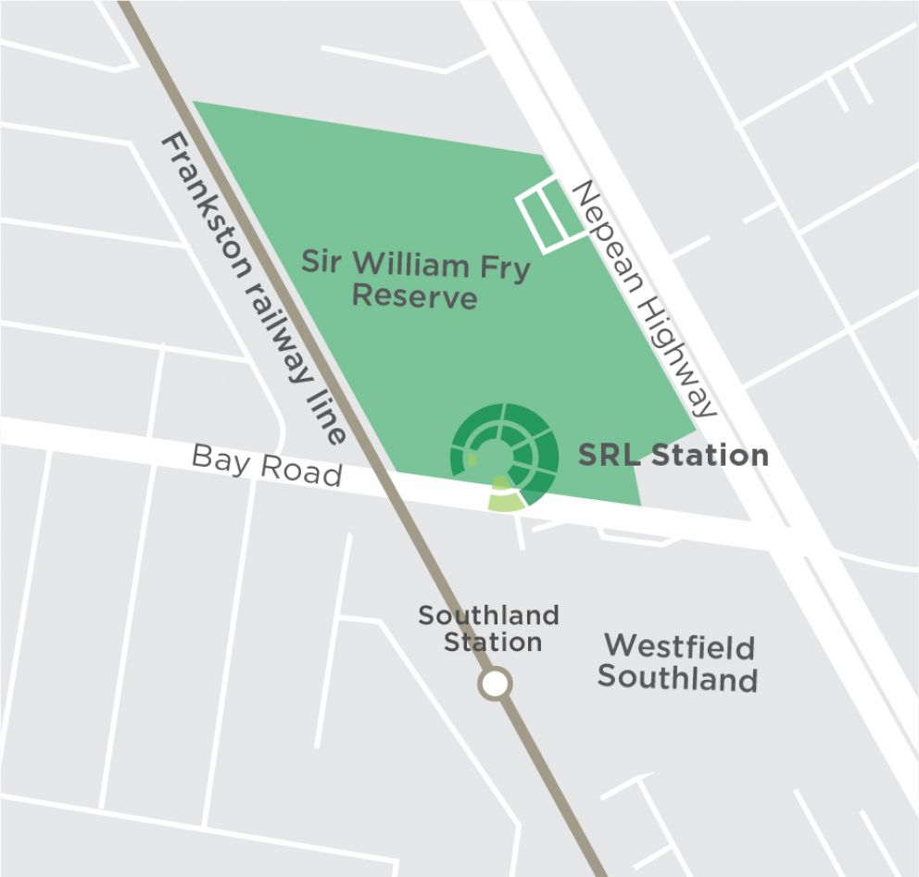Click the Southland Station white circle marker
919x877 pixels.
pos(495,684)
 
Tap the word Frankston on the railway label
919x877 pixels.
pos(208,209)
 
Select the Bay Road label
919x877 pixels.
pos(267,464)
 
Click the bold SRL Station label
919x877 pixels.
pos(673,455)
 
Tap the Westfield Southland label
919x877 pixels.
pos(678,662)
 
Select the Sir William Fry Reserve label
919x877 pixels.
pos(415,281)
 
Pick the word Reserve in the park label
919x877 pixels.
pos(415,297)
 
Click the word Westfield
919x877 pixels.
pos(679,646)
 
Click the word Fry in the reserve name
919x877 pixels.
pos(504,269)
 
